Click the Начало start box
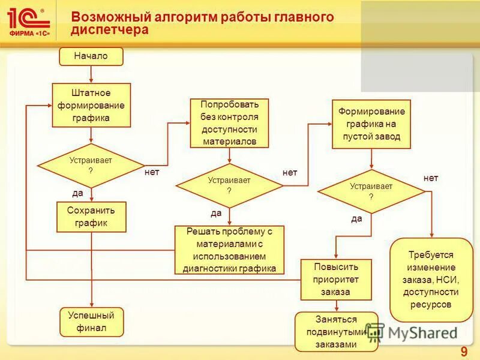(91, 56)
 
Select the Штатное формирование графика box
(91, 105)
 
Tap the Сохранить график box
(91, 217)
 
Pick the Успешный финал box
(91, 322)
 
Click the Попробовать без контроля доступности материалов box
(229, 123)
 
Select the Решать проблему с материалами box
(229, 250)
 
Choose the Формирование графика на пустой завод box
(371, 124)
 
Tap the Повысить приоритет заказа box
(335, 280)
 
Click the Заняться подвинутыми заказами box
(336, 332)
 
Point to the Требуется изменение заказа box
(431, 280)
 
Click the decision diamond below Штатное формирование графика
(91, 165)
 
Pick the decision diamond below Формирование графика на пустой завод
(371, 191)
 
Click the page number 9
(463, 351)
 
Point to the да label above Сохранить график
(78, 193)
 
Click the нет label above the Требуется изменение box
(431, 178)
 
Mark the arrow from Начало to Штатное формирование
(91, 74)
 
